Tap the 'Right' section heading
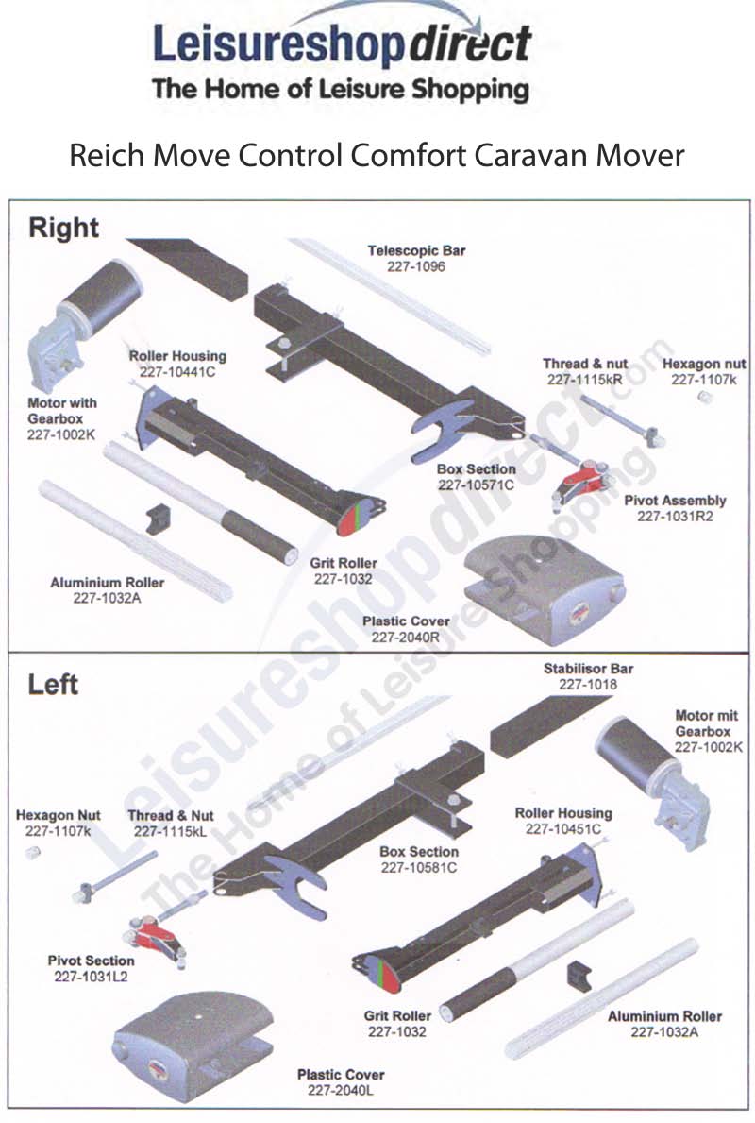[x=63, y=229]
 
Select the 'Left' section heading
[x=53, y=684]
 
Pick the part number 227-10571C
[x=476, y=485]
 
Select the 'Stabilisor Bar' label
[x=588, y=669]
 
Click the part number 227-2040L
[x=340, y=1090]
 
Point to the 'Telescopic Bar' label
[x=416, y=251]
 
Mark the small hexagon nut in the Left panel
[x=32, y=854]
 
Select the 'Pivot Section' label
[x=91, y=961]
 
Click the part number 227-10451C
[x=562, y=829]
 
